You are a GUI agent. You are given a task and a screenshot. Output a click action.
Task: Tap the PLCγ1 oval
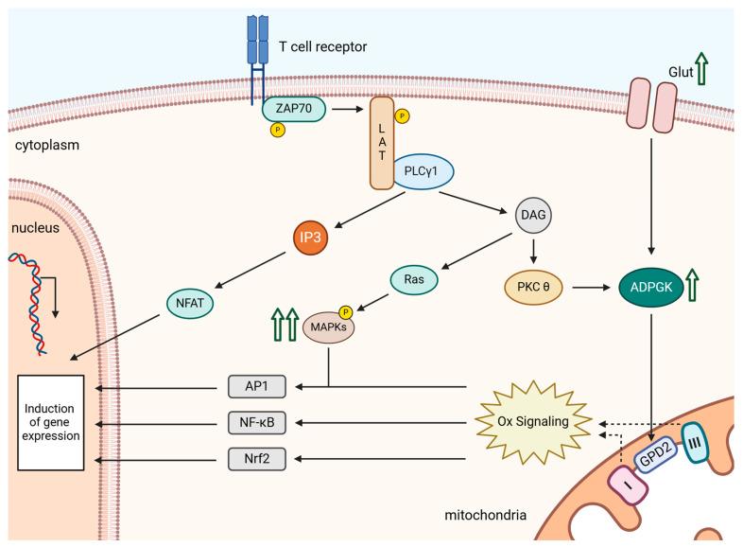[x=423, y=171]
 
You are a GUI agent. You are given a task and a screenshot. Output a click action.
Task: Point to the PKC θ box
[x=535, y=284]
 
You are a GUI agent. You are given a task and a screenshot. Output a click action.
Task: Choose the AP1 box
[x=264, y=386]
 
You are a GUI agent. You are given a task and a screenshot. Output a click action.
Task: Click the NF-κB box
[x=264, y=423]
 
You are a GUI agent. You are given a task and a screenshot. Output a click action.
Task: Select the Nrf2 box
[x=264, y=460]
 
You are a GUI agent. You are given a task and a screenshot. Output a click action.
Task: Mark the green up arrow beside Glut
[x=701, y=69]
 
